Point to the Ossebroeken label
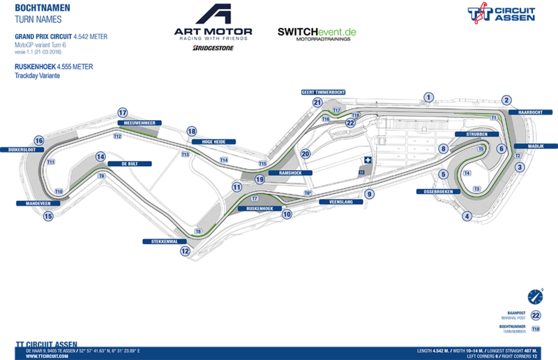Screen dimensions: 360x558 click(435, 191)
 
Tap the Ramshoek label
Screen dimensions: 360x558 click(289, 172)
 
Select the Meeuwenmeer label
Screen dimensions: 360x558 click(138, 123)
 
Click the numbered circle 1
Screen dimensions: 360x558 click(429, 98)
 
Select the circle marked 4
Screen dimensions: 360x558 click(466, 216)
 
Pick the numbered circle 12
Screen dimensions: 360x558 click(183, 253)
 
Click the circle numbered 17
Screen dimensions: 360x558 click(123, 112)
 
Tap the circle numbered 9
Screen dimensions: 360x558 click(369, 194)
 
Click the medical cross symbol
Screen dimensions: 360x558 click(364, 160)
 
